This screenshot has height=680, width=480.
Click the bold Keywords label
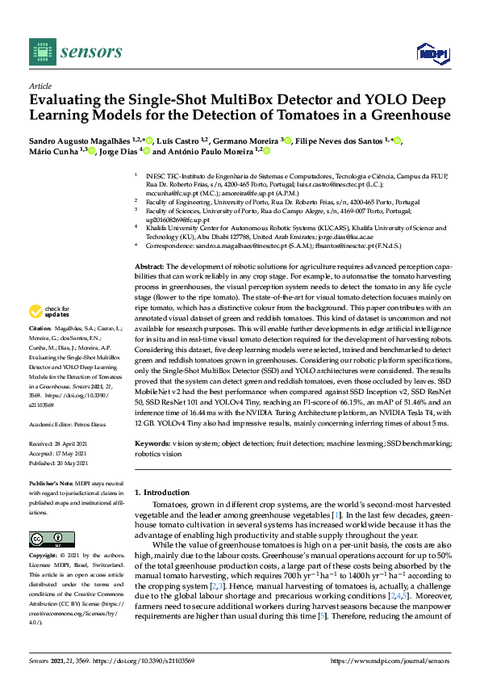[153, 444]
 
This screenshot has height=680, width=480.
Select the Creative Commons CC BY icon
[47, 539]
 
